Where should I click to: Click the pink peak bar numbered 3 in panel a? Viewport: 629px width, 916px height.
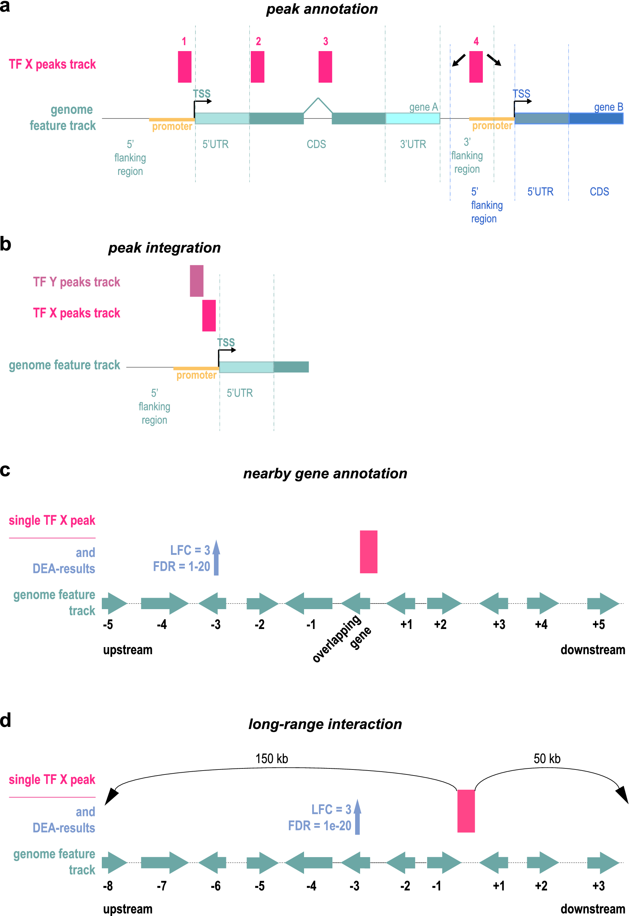(x=325, y=67)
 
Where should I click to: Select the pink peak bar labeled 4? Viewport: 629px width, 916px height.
(x=476, y=67)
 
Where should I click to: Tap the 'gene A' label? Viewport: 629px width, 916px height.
(x=423, y=107)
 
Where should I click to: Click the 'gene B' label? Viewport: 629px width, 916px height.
(x=608, y=107)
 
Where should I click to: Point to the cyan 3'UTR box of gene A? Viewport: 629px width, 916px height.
(x=412, y=118)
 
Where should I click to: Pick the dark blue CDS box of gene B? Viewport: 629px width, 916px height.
(x=596, y=118)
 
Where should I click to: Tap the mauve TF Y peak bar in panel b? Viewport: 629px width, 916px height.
(x=197, y=281)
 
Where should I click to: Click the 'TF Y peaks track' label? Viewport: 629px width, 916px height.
(x=77, y=282)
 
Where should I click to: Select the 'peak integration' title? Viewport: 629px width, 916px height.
(x=164, y=248)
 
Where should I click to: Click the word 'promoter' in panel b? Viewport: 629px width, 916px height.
(x=196, y=375)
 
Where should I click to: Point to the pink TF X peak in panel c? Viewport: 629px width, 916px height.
(x=369, y=551)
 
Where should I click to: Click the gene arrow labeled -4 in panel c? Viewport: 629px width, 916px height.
(x=164, y=603)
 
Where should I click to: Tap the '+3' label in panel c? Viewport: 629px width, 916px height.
(x=499, y=624)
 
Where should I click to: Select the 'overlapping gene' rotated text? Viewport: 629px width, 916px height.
(x=341, y=639)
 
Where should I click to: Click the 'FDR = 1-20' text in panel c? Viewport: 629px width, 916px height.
(x=181, y=567)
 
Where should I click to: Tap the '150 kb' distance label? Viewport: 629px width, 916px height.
(x=271, y=758)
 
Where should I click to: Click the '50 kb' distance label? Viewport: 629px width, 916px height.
(x=547, y=758)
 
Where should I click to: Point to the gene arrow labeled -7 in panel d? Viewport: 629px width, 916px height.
(x=164, y=862)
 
